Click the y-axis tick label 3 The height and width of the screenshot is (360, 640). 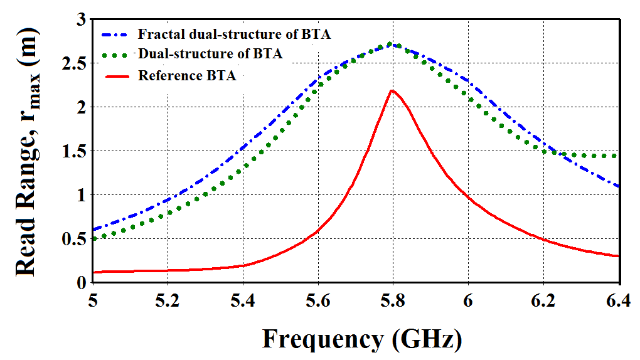tap(81, 20)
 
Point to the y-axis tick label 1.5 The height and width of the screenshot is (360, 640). tap(74, 151)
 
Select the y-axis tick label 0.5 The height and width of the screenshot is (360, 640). tap(74, 239)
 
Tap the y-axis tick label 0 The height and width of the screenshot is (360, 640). tap(81, 283)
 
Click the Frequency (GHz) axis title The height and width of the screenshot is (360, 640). tap(362, 339)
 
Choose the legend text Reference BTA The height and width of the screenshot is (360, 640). tap(187, 75)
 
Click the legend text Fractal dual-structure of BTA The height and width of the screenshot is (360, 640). tap(234, 34)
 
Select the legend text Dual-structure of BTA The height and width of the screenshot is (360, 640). tap(210, 54)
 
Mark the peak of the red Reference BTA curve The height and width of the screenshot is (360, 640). tap(392, 90)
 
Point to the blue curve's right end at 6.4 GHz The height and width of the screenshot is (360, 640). tap(619, 186)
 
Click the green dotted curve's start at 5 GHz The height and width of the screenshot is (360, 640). tap(94, 238)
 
